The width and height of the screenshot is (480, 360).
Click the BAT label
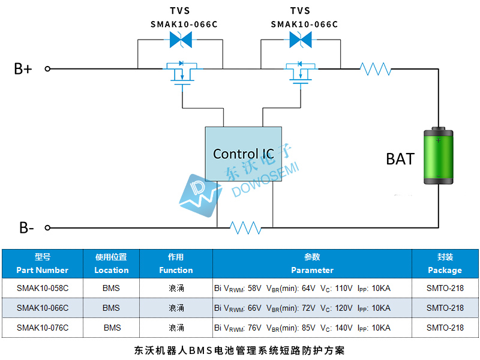(400, 159)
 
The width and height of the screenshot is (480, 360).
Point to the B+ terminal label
(23, 68)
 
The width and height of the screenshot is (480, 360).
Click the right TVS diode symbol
(300, 40)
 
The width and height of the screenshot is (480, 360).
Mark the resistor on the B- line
(245, 227)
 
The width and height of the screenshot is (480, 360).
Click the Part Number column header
(43, 263)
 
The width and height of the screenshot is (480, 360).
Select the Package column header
(445, 263)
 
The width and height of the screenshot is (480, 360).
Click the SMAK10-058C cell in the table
(43, 288)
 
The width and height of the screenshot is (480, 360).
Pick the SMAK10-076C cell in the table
(43, 328)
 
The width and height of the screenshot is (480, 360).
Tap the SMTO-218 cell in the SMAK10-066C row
(445, 308)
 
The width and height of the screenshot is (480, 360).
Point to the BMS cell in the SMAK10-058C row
(111, 288)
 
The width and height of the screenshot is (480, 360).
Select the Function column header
(176, 263)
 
